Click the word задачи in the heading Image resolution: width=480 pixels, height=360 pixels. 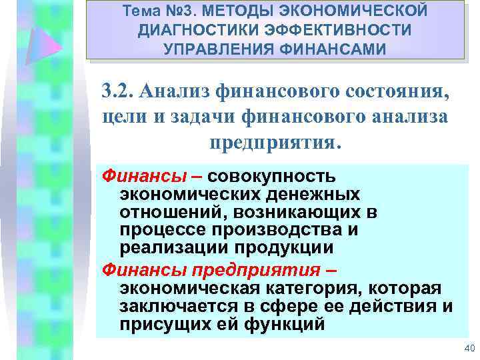189,116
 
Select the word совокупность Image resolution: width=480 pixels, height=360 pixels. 271,177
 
